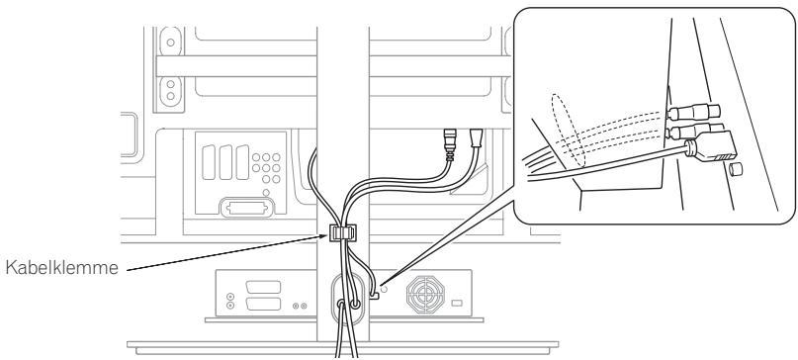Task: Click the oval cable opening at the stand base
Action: (x=347, y=308)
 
